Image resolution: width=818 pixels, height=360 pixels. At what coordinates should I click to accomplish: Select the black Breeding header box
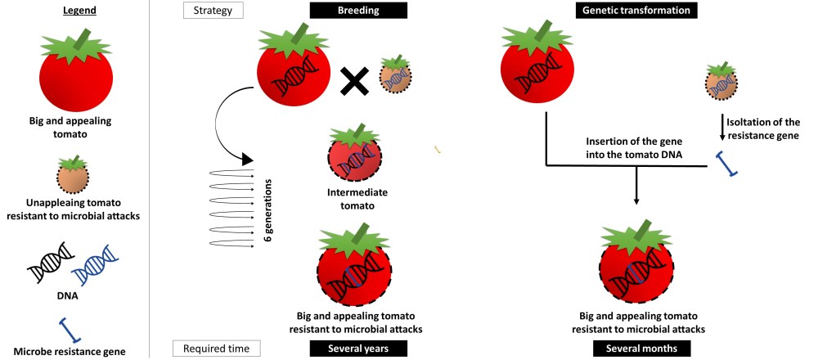point(358,11)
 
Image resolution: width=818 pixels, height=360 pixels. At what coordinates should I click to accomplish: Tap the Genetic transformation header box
point(636,11)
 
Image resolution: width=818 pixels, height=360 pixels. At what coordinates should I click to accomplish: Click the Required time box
point(216,349)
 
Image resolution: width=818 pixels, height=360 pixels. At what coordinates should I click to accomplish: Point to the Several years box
point(358,349)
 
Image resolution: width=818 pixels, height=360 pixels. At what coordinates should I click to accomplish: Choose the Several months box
point(636,349)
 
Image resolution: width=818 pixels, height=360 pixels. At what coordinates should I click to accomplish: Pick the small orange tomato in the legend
point(74,173)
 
